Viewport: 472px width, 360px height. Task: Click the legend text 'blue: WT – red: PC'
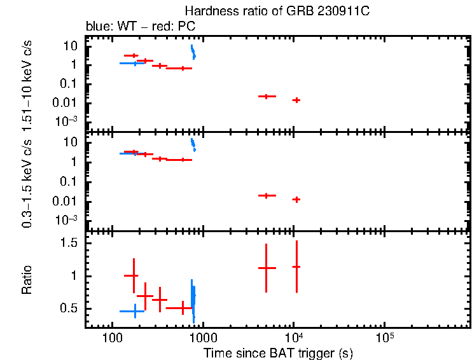[140, 27]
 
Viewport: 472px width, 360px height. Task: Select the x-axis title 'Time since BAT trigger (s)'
[278, 352]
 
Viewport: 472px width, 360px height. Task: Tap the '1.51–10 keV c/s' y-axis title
[27, 84]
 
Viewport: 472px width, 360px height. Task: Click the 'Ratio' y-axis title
[27, 280]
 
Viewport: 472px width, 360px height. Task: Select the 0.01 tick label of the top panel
[67, 103]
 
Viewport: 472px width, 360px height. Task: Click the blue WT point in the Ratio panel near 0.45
[135, 311]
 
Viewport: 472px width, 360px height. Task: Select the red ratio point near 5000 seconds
[267, 268]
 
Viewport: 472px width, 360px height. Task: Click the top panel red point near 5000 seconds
[267, 96]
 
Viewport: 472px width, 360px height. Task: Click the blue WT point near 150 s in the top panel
[135, 63]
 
